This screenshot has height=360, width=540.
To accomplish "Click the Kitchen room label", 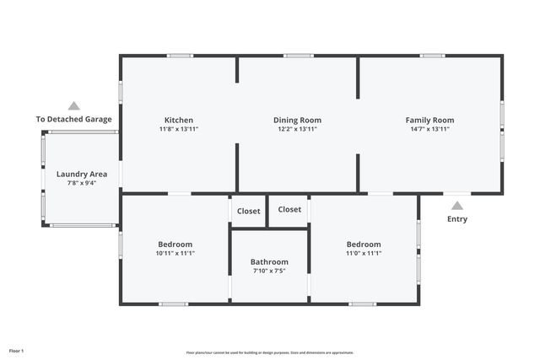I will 178,121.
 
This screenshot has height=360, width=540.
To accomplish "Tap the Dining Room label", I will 297,121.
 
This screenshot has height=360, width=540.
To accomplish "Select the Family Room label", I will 429,121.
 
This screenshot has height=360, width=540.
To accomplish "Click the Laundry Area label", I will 81,174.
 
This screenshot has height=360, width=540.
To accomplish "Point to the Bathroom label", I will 269,261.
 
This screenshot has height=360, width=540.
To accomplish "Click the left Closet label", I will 248,211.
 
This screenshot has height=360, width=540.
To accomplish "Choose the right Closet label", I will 289,209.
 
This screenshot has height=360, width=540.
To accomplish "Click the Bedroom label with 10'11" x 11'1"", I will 175,244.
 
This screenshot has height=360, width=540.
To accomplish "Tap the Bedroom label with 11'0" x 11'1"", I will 364,244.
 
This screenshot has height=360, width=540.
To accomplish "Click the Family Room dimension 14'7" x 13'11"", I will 429,130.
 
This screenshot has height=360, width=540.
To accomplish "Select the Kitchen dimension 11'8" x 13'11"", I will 178,130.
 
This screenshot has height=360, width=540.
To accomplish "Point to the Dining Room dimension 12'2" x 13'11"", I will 297,130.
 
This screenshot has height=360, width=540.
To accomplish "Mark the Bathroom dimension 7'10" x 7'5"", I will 269,271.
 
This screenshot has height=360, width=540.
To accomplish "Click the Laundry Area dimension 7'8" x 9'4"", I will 81,183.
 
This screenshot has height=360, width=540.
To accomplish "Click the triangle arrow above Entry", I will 456,205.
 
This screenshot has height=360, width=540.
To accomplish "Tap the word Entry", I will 456,219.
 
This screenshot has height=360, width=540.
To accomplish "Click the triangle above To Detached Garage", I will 74,106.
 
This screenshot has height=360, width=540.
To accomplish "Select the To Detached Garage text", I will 74,120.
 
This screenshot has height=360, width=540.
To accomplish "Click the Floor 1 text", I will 16,350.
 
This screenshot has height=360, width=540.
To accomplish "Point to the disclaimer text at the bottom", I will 270,352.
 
